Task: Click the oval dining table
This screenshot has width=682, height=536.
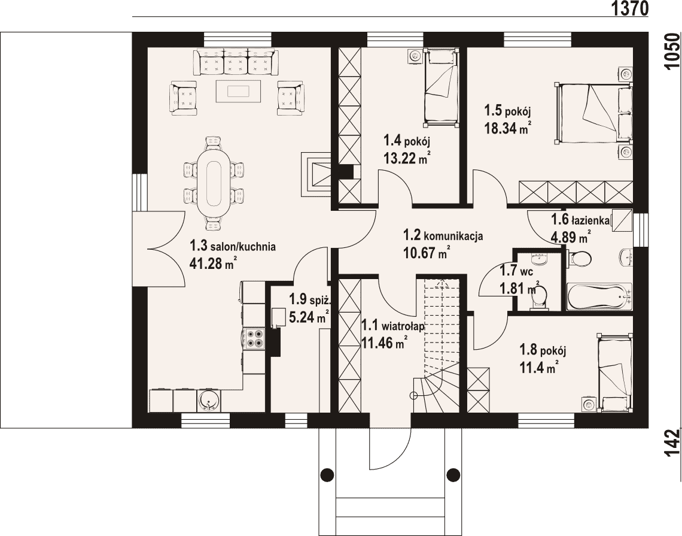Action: click(x=213, y=184)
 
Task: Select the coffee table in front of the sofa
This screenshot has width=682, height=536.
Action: click(x=238, y=91)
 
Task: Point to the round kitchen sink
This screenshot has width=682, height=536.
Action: click(x=210, y=400)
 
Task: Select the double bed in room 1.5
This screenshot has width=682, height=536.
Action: click(x=593, y=113)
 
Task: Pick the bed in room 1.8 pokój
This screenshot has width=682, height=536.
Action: click(x=614, y=373)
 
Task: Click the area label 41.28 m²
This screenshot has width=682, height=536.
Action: click(x=213, y=264)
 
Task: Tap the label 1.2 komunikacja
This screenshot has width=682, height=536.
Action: click(x=443, y=236)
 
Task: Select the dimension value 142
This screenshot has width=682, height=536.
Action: click(x=672, y=443)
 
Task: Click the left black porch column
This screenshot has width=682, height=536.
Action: click(x=327, y=473)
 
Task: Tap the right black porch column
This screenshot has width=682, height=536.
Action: click(x=453, y=473)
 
